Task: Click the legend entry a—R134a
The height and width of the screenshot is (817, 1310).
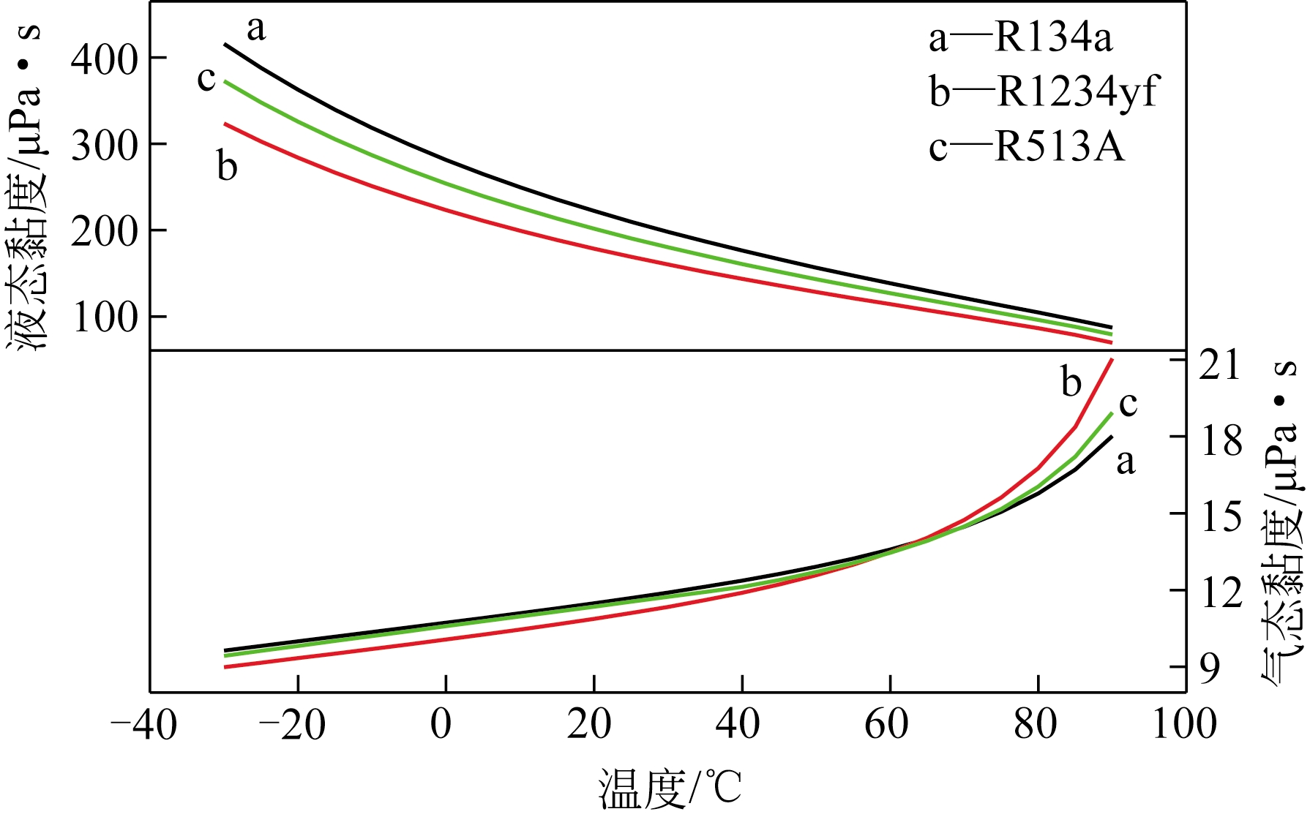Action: (1020, 38)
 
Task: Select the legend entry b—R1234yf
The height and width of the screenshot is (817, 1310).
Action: (1044, 92)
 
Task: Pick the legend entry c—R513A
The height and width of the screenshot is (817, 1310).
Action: (1026, 146)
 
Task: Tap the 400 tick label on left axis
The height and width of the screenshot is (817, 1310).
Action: (104, 59)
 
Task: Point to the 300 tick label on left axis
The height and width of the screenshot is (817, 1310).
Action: (104, 146)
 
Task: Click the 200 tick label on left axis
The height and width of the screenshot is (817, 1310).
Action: (104, 232)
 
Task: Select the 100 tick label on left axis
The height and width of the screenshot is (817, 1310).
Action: (104, 317)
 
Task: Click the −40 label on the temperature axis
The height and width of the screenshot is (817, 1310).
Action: (143, 725)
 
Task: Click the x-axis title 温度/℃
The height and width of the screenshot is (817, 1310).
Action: (670, 790)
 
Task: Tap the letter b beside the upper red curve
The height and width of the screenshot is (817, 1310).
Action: (227, 166)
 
